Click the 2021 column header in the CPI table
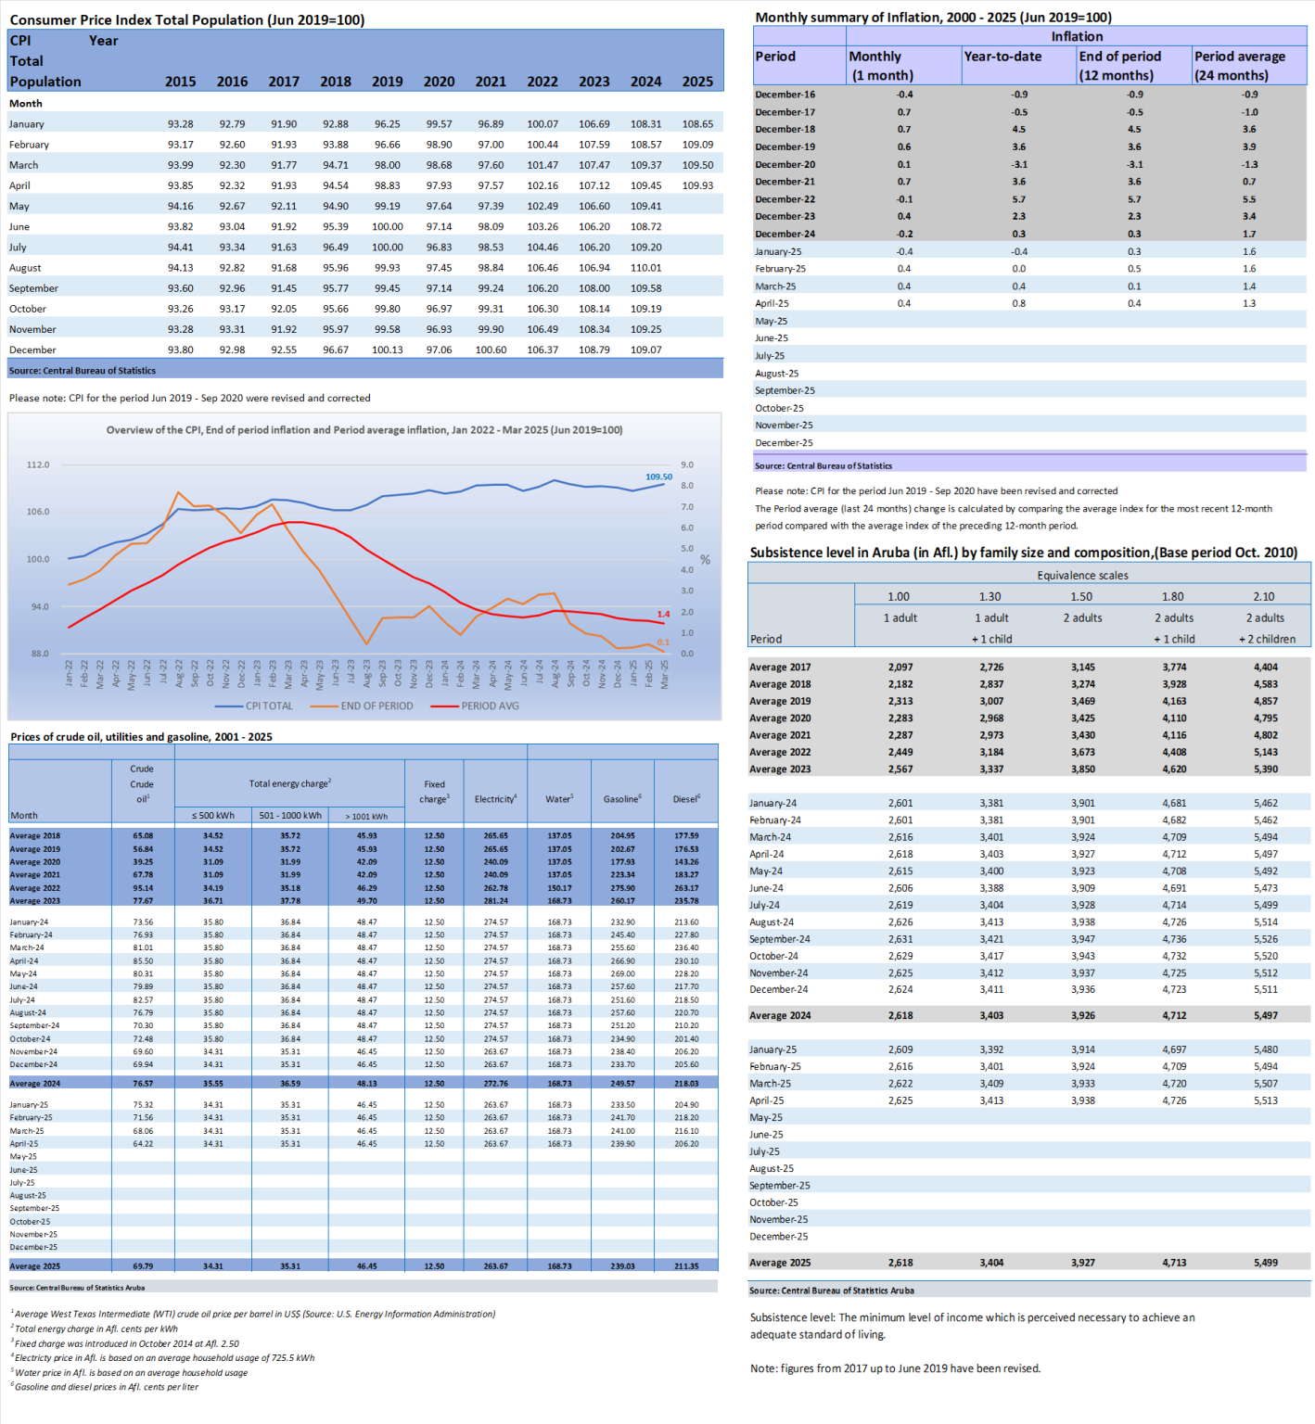click(491, 82)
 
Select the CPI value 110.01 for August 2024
click(645, 268)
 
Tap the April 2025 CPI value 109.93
click(697, 185)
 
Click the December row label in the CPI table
click(32, 350)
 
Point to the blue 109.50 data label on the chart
click(658, 477)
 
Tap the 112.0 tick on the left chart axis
click(38, 464)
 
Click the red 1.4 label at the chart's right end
click(663, 614)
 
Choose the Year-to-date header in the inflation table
click(1002, 57)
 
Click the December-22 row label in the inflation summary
click(785, 199)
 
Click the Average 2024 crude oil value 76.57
click(143, 1083)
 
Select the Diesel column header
click(686, 798)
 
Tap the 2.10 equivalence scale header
click(1264, 596)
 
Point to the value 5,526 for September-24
click(1266, 939)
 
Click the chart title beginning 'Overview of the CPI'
click(364, 430)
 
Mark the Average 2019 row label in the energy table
click(35, 849)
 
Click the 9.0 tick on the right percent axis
click(687, 464)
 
